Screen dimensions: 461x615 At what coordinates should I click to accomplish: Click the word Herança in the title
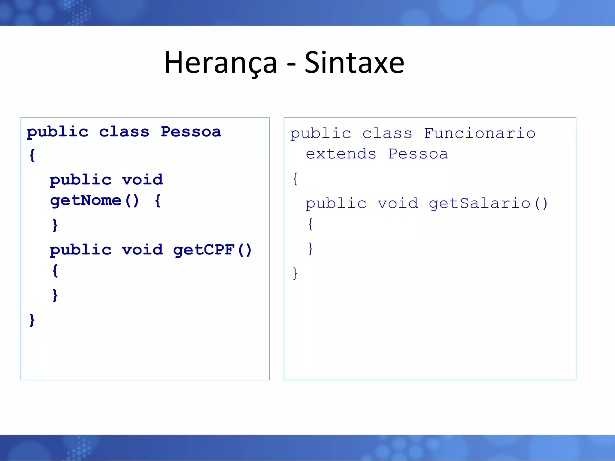click(x=220, y=63)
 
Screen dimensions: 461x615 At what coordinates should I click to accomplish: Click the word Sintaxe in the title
click(x=354, y=63)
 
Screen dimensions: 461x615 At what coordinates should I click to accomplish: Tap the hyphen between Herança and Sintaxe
click(x=291, y=64)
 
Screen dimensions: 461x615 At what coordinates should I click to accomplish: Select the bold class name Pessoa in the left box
click(x=191, y=132)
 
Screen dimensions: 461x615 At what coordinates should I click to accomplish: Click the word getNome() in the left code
click(x=94, y=200)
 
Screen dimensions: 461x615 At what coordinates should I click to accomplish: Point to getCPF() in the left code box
click(x=212, y=250)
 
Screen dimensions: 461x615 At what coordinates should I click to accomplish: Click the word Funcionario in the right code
click(x=480, y=133)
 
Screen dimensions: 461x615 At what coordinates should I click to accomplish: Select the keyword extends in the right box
click(x=341, y=154)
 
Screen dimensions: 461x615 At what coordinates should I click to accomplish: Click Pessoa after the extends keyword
click(x=418, y=154)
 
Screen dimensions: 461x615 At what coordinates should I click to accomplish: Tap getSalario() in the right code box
click(x=488, y=203)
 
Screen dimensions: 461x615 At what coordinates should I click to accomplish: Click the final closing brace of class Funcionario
click(x=295, y=273)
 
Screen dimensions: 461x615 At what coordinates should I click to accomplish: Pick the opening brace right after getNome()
click(x=158, y=200)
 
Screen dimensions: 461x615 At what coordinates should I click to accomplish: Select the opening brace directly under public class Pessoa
click(x=32, y=155)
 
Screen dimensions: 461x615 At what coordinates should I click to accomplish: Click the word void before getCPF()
click(x=142, y=250)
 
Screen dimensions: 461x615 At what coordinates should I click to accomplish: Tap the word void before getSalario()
click(x=398, y=203)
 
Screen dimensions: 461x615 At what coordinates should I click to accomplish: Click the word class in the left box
click(x=124, y=132)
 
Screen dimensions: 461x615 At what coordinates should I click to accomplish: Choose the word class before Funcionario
click(x=387, y=133)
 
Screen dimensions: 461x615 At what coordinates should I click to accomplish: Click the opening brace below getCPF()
click(x=55, y=271)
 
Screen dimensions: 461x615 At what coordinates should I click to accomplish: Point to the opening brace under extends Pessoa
click(x=295, y=179)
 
